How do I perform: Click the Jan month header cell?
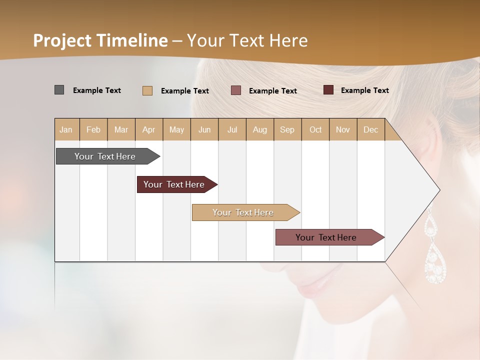pyautogui.click(x=66, y=129)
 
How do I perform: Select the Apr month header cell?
pyautogui.click(x=149, y=129)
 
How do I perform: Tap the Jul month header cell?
pyautogui.click(x=232, y=129)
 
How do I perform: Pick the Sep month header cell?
pyautogui.click(x=287, y=129)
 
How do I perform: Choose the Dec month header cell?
pyautogui.click(x=370, y=129)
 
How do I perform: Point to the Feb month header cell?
pyautogui.click(x=93, y=129)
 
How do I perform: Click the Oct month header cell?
pyautogui.click(x=315, y=129)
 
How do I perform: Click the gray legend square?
pyautogui.click(x=59, y=90)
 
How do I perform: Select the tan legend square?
pyautogui.click(x=147, y=90)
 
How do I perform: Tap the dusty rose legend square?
pyautogui.click(x=236, y=90)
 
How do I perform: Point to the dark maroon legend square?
pyautogui.click(x=328, y=90)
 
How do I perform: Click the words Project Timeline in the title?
pyautogui.click(x=100, y=40)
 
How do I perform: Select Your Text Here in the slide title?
pyautogui.click(x=247, y=40)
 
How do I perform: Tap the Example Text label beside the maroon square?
pyautogui.click(x=364, y=90)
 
